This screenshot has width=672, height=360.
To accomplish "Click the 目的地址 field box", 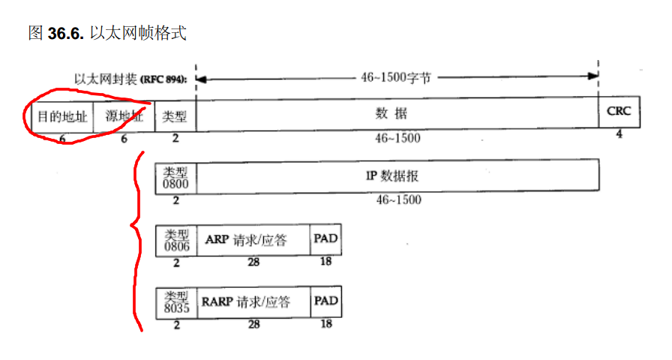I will [62, 116].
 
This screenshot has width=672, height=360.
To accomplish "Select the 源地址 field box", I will [124, 116].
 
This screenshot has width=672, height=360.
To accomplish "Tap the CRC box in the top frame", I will [619, 112].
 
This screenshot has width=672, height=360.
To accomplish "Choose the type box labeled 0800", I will [176, 175].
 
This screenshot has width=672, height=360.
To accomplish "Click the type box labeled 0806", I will [176, 240].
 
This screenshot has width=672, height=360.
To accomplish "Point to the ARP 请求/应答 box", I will [254, 240].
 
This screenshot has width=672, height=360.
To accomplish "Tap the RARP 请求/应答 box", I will [254, 303].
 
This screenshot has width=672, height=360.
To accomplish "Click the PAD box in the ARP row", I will [326, 239].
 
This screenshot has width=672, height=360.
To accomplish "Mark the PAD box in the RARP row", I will [326, 301].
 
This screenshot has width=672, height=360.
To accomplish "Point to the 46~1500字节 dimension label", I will [397, 77].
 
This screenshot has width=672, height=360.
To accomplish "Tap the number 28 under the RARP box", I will [253, 325].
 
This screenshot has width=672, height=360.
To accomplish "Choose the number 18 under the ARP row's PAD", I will [326, 262].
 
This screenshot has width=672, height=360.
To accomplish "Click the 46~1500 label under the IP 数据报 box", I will [397, 199].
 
